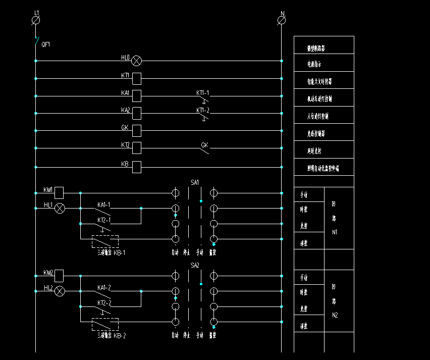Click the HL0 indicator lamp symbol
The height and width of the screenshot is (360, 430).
coord(136,61)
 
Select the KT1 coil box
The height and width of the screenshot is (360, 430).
coord(136,78)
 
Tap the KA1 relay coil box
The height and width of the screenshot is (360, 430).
coord(136,96)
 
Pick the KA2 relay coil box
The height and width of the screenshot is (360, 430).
coord(136,113)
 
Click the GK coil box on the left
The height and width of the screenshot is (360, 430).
coord(136,131)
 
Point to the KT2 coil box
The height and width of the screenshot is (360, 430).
coord(136,148)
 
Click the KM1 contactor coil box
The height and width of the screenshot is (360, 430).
coord(59,192)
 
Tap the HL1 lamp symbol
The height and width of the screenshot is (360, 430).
coord(60,208)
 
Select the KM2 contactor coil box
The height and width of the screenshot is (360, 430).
coord(59,276)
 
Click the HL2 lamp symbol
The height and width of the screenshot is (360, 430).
coord(60,291)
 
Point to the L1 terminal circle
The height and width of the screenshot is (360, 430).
coord(36,20)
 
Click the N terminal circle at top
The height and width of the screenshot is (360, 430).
coord(282,20)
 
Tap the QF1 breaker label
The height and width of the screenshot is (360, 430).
coord(46,44)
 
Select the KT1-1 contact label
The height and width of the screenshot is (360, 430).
coord(202,93)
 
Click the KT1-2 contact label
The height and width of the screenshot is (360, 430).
coord(202,110)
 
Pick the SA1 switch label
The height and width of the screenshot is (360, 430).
coord(195,182)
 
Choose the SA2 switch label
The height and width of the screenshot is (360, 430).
coord(195,265)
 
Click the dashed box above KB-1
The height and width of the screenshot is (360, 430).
coord(105,241)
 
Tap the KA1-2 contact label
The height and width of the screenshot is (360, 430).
coord(104,288)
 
